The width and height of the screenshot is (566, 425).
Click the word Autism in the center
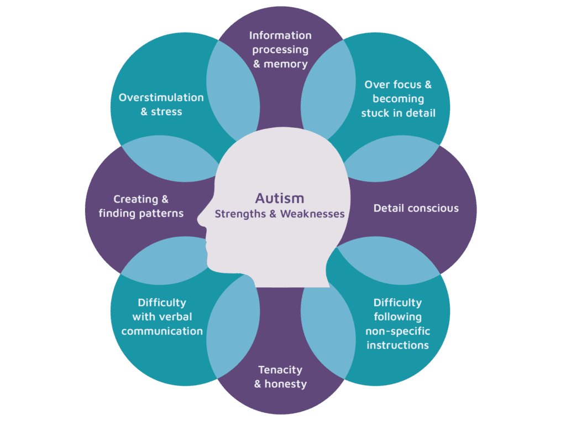click(x=280, y=199)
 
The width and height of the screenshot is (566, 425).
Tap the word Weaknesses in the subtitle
click(x=312, y=214)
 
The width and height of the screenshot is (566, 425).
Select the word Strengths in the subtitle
click(x=240, y=214)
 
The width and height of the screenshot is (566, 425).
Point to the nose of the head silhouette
click(x=200, y=219)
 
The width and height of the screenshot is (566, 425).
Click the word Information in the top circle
click(x=280, y=35)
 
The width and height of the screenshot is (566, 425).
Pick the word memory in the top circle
click(x=286, y=64)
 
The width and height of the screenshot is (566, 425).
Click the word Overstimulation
click(x=161, y=97)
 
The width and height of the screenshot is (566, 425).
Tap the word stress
click(x=166, y=112)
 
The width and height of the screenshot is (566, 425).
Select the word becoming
click(x=398, y=99)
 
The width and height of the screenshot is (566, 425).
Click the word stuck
click(x=375, y=113)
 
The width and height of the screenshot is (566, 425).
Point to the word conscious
click(x=433, y=209)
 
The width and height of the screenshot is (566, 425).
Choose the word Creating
click(x=136, y=199)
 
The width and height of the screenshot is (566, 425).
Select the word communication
click(x=162, y=331)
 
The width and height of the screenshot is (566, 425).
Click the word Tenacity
click(x=280, y=370)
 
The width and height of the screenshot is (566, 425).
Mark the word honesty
click(x=286, y=384)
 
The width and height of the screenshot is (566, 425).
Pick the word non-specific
click(x=398, y=331)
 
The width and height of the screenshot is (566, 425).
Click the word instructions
click(x=398, y=345)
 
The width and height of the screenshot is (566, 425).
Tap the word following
click(x=398, y=317)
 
